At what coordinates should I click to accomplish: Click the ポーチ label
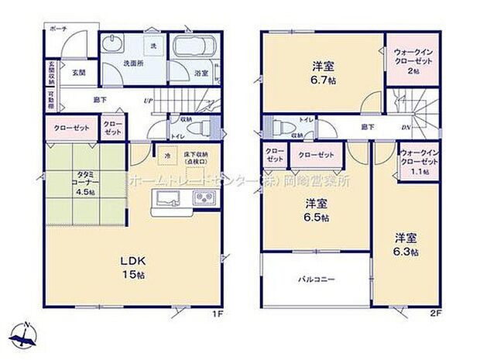tap(58, 28)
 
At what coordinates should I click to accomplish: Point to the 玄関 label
tap(79, 72)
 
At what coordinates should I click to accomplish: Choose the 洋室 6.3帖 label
tap(404, 245)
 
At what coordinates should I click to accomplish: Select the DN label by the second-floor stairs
tap(403, 128)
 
